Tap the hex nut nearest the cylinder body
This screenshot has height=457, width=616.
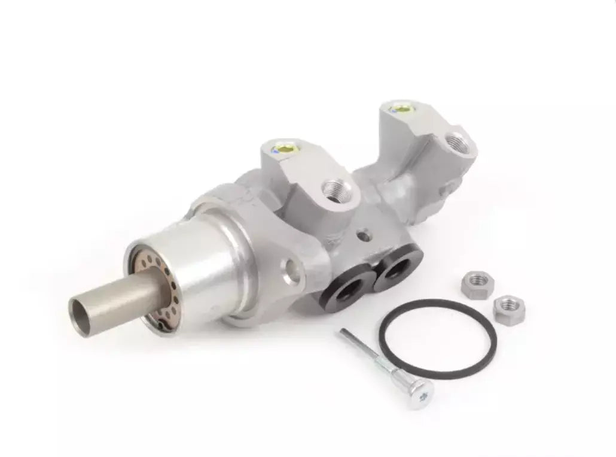tap(477, 283)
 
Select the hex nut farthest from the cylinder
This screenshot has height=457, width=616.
tap(510, 307)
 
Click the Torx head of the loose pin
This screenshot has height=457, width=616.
tap(422, 394)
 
